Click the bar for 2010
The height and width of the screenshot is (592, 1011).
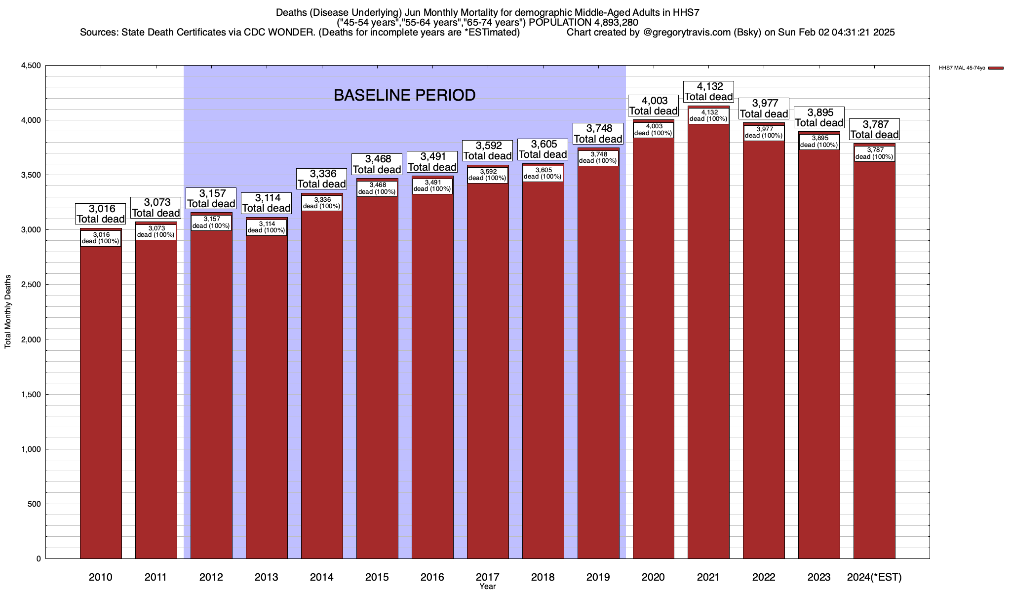[101, 395]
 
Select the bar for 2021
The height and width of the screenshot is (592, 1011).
[708, 345]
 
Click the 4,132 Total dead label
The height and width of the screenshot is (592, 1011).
[708, 92]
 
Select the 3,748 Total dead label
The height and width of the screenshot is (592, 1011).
[598, 134]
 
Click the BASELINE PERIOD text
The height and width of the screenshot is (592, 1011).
[404, 95]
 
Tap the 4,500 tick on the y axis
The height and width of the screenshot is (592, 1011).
[31, 66]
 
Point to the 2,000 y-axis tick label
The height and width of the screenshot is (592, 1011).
[31, 339]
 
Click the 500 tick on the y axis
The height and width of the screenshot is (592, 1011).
[35, 504]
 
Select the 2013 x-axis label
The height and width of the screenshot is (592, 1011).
[266, 577]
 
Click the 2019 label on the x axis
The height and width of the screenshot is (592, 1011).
[598, 577]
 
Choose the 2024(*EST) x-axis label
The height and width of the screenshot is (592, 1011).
[874, 577]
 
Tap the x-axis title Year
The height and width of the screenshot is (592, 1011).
[487, 587]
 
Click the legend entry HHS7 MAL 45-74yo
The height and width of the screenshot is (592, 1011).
[962, 68]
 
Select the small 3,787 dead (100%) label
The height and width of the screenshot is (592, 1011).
[874, 153]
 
